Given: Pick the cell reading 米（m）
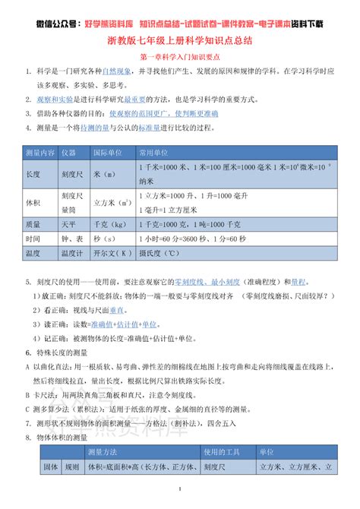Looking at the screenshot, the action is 106,174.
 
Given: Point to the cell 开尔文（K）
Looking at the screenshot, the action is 109,253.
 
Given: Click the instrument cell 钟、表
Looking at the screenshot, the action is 71,239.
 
